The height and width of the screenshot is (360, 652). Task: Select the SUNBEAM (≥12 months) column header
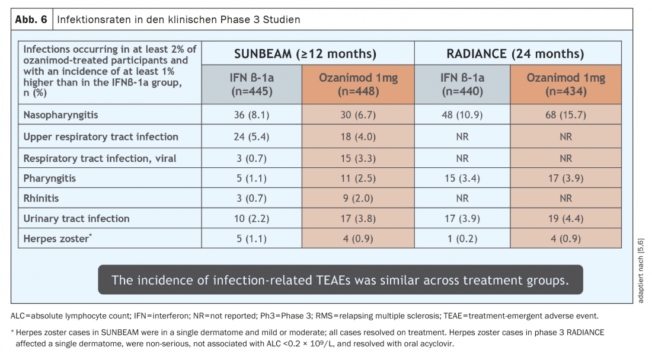point(305,53)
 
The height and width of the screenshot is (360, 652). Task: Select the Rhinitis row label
point(41,199)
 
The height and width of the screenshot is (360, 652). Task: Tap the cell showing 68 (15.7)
point(565,114)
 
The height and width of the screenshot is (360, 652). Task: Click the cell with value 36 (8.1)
point(251,114)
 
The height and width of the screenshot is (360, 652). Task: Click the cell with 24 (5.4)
point(251,136)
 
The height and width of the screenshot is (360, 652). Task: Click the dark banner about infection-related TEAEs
point(340,279)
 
